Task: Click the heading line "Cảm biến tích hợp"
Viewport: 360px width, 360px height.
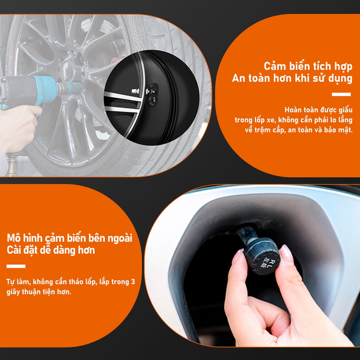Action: [308, 66]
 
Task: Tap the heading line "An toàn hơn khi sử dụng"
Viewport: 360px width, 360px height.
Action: [292, 78]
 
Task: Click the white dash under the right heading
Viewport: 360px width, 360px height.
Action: [341, 94]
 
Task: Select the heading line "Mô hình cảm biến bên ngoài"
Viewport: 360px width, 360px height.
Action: [70, 238]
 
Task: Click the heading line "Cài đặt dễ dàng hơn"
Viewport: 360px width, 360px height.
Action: [51, 250]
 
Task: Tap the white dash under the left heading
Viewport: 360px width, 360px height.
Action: [16, 266]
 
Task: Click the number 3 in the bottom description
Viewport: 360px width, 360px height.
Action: [133, 282]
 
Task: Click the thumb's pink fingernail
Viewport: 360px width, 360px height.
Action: [287, 252]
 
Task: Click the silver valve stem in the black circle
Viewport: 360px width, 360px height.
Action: [136, 91]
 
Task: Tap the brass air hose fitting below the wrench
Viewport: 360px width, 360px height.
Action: [12, 165]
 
